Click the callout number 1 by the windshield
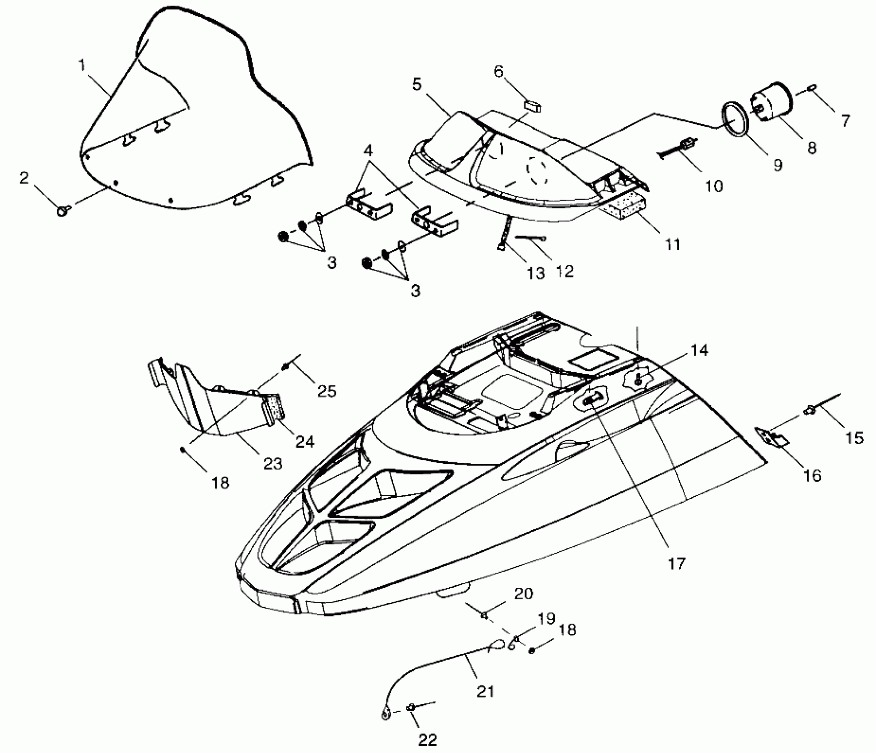point(82,66)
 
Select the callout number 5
point(417,85)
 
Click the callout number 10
point(713,186)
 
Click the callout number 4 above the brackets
point(368,151)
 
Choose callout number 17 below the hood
point(677,564)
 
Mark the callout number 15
point(855,438)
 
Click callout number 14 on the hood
point(699,350)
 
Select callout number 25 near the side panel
point(327,391)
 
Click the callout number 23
point(273,463)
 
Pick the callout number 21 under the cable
point(485,691)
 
